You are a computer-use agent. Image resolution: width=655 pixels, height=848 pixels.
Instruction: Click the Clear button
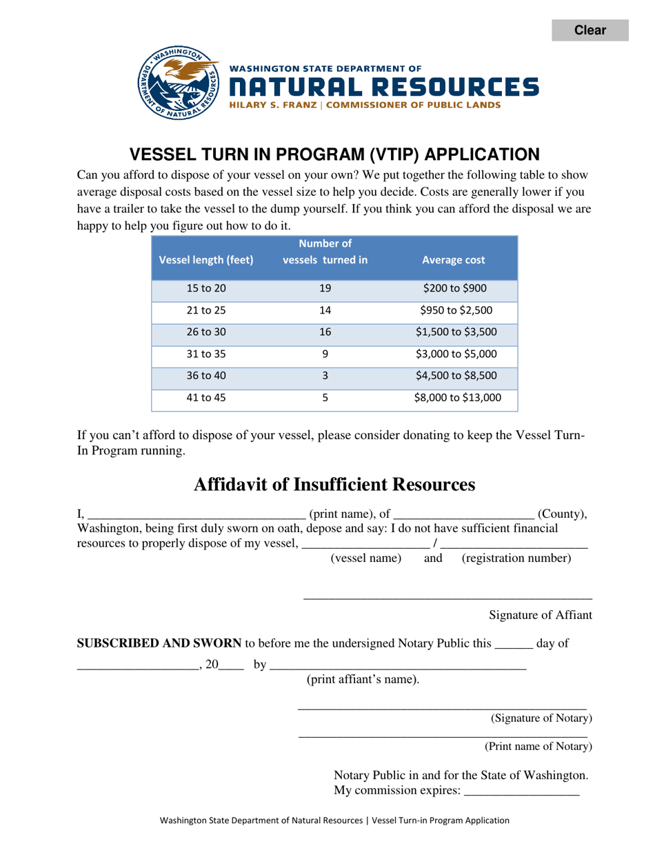point(589,30)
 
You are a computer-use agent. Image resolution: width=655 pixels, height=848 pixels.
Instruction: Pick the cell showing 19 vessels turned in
point(325,288)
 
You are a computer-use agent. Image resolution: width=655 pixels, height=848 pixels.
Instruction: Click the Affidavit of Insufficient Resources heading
point(334,485)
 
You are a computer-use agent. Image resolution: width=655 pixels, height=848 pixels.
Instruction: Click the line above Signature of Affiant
point(447,597)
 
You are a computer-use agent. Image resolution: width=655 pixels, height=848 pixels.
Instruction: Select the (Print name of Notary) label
point(538,746)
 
